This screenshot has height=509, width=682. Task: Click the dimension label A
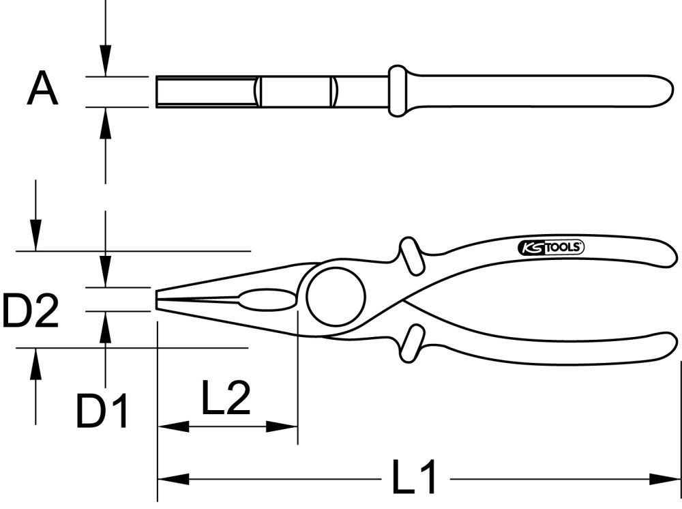coord(42,90)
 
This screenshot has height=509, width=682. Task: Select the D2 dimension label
coord(30,310)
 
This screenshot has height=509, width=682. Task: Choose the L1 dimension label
coord(415,478)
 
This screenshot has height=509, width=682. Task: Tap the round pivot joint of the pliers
coord(336,297)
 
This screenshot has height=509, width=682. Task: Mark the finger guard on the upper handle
coord(411,255)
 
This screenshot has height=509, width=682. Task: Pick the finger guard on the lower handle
coord(411,343)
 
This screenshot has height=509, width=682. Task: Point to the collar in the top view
coord(397,91)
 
